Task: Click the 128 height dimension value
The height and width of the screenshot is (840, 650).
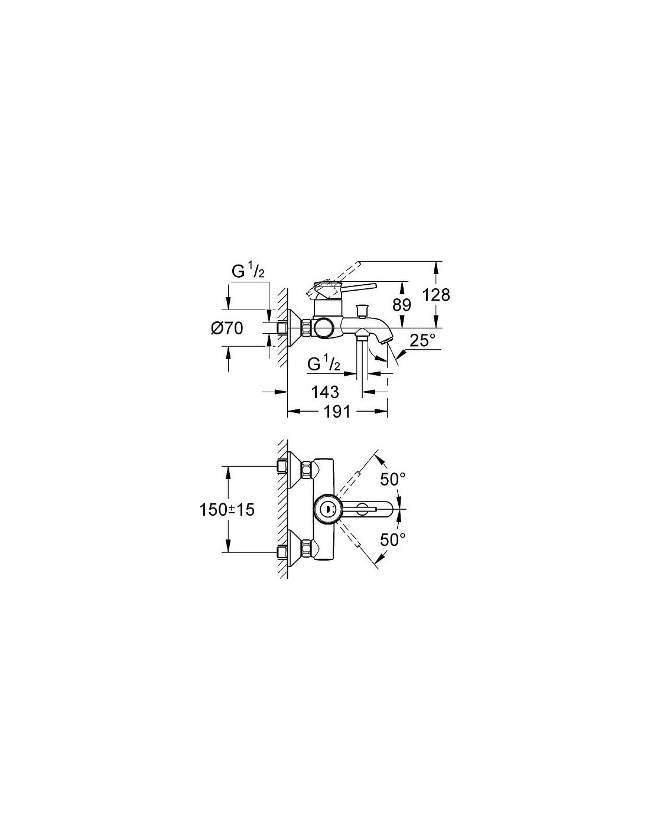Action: click(435, 295)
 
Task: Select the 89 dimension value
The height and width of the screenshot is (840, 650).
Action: click(402, 305)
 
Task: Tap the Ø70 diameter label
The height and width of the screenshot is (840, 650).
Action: click(227, 328)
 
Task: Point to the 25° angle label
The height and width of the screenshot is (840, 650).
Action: click(422, 341)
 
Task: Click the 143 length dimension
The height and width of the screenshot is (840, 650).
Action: click(325, 392)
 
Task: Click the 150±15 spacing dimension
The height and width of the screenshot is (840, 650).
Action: click(227, 510)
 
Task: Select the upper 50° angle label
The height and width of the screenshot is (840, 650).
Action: click(393, 480)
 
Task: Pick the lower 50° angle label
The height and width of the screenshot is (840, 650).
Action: click(393, 540)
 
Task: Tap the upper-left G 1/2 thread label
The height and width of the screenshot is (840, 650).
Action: click(248, 272)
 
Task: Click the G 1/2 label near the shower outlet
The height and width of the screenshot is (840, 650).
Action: click(324, 364)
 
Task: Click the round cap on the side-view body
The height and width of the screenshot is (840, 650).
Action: click(322, 328)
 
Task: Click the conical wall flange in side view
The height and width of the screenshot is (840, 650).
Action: click(295, 328)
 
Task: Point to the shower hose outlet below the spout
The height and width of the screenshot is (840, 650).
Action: click(362, 335)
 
